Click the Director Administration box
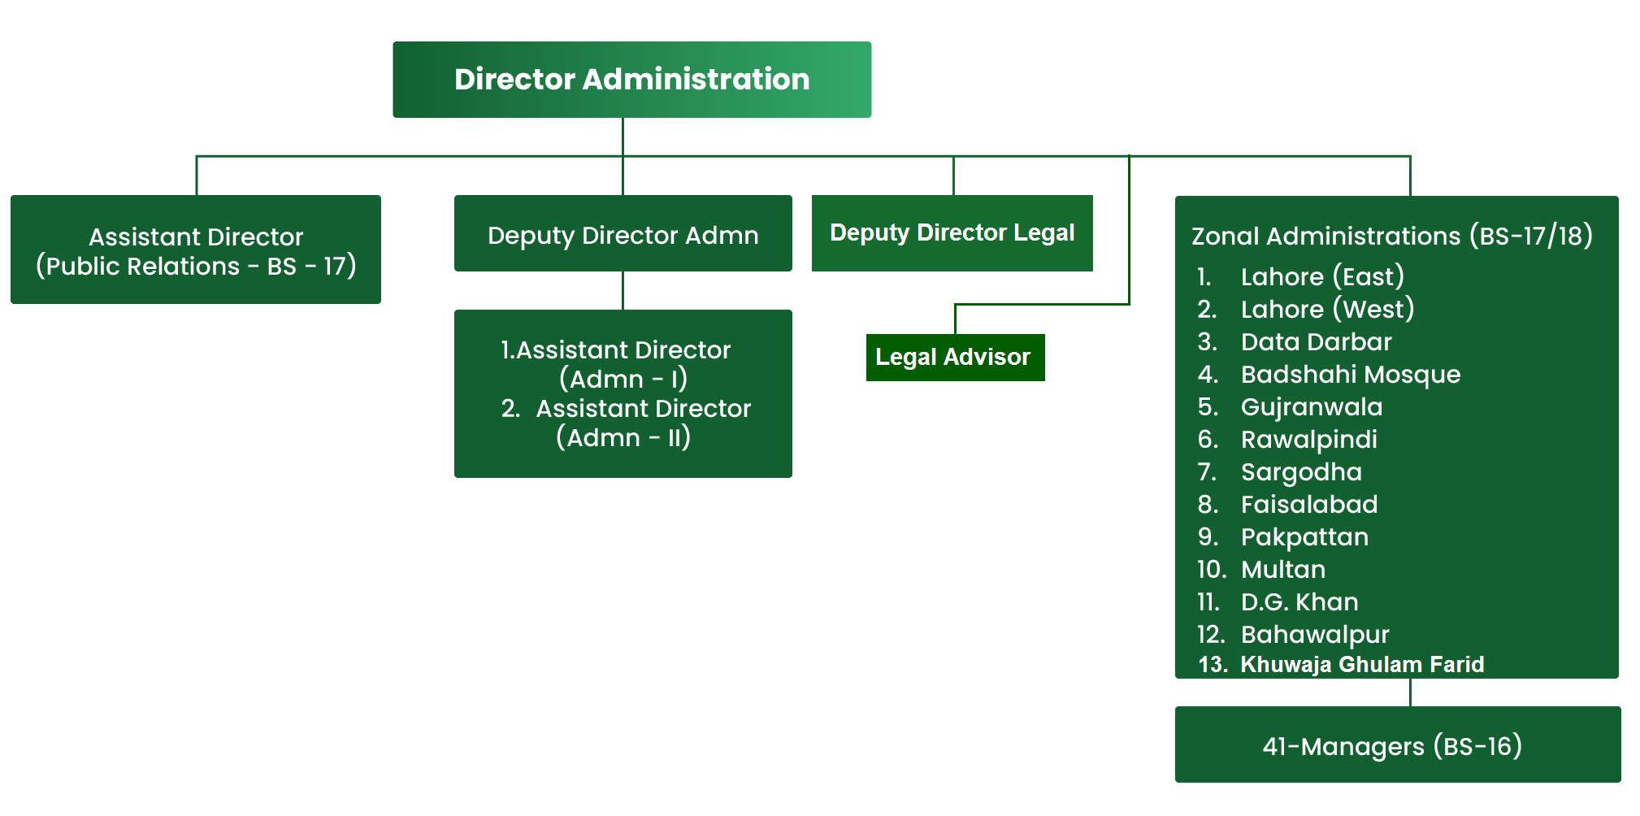(x=631, y=80)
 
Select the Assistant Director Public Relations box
(x=195, y=250)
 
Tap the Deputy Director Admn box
(x=623, y=235)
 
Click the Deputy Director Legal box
(x=952, y=233)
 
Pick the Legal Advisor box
(x=954, y=358)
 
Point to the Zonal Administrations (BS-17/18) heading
(x=1391, y=236)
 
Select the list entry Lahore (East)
(x=1321, y=276)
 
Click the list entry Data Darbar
(x=1315, y=341)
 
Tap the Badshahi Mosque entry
(x=1350, y=374)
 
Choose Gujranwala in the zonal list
(x=1311, y=406)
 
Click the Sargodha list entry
(x=1300, y=471)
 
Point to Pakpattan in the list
(x=1304, y=536)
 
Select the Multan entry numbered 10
(x=1282, y=569)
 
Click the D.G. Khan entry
(x=1299, y=601)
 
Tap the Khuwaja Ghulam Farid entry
(x=1361, y=664)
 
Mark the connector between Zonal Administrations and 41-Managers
(x=1410, y=692)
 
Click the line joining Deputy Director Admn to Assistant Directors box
(x=623, y=290)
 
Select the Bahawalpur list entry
(x=1314, y=634)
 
